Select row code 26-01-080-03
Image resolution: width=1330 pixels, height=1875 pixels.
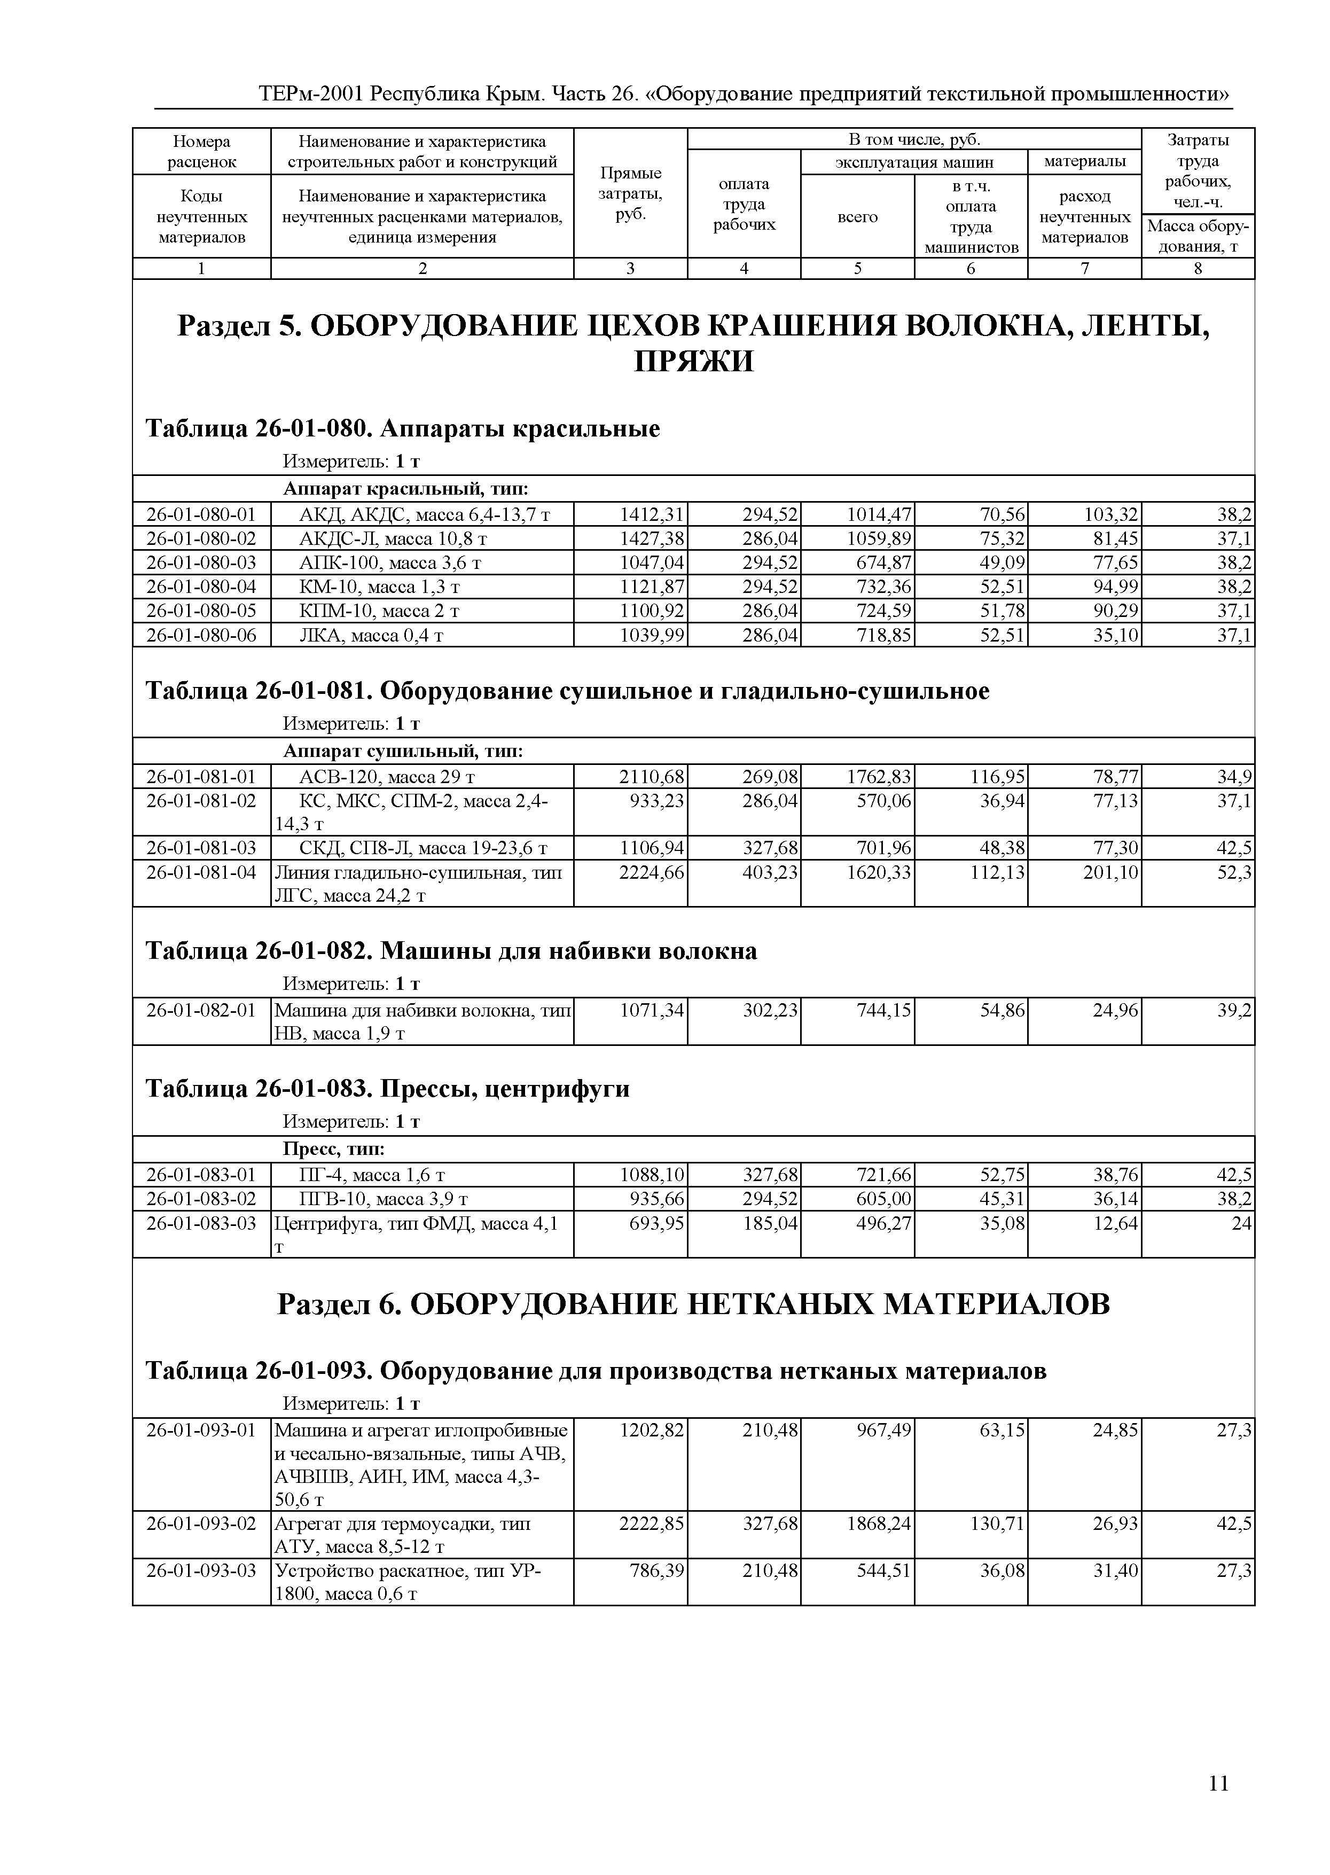[201, 562]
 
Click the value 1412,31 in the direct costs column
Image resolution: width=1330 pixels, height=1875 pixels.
[651, 514]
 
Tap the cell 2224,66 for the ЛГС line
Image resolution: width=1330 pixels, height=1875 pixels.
[651, 872]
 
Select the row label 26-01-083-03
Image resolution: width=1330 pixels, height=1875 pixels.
[201, 1223]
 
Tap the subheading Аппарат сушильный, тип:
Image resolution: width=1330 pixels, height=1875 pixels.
[402, 751]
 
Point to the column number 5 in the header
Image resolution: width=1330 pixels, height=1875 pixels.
[857, 268]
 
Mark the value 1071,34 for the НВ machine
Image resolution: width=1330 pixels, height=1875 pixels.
[651, 1010]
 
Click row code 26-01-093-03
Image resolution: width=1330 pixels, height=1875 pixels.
[201, 1571]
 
